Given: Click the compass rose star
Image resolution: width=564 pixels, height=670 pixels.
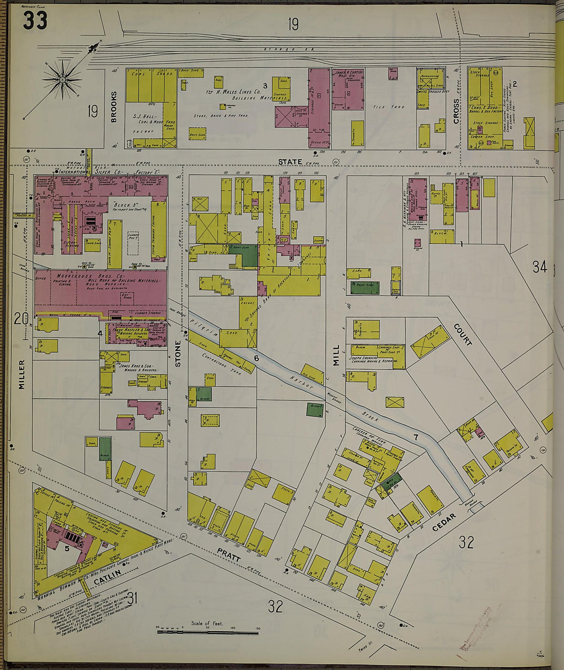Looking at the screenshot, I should click(62, 80).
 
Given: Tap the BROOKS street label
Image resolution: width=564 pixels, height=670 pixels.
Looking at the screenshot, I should click(114, 107).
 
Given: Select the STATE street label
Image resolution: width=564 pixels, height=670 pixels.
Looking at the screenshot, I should click(290, 162).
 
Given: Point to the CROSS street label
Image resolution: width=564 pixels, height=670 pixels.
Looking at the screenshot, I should click(456, 111).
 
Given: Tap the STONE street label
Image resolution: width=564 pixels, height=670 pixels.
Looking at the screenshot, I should click(178, 354).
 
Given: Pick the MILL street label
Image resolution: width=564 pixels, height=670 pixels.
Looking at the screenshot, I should click(336, 355).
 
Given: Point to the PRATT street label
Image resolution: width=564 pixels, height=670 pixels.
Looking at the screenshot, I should click(229, 554).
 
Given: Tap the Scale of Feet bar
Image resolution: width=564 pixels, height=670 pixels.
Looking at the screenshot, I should click(207, 632).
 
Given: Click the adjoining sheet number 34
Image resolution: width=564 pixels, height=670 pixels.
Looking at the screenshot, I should click(540, 267).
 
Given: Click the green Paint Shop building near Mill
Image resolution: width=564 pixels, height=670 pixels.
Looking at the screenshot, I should click(364, 287).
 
